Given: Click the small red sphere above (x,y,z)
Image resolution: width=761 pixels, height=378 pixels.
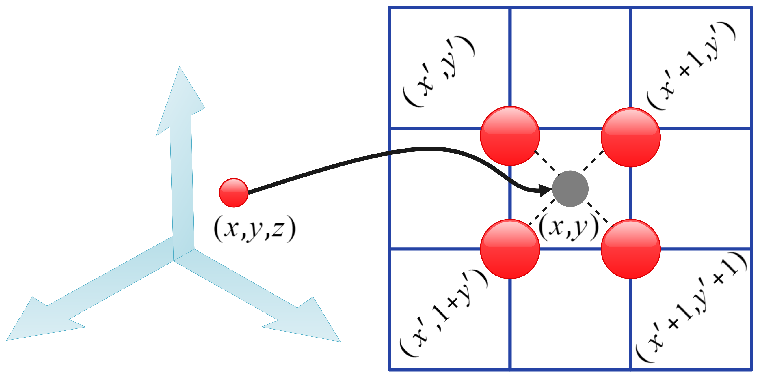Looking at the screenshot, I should pyautogui.click(x=233, y=193).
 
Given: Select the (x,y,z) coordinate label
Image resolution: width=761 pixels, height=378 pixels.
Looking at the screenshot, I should pyautogui.click(x=254, y=229).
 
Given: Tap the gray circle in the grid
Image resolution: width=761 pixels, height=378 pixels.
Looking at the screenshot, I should pyautogui.click(x=570, y=188).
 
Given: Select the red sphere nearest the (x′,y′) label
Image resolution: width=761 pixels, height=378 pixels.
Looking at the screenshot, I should pyautogui.click(x=510, y=136).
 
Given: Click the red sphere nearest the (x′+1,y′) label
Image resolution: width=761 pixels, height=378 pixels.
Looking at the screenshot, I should pyautogui.click(x=630, y=138).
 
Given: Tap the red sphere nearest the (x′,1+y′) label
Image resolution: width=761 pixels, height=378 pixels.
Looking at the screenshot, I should pyautogui.click(x=510, y=249).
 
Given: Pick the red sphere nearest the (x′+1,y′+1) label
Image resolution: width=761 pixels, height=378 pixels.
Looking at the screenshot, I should pyautogui.click(x=630, y=249).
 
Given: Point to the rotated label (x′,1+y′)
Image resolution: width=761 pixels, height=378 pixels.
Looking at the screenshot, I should pyautogui.click(x=443, y=313).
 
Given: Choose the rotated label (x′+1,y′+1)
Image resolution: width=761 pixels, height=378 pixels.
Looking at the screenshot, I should pyautogui.click(x=691, y=307).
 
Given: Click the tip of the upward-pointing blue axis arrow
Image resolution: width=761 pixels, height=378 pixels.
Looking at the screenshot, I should pyautogui.click(x=179, y=67).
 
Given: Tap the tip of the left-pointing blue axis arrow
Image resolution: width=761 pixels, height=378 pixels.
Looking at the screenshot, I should pyautogui.click(x=7, y=340).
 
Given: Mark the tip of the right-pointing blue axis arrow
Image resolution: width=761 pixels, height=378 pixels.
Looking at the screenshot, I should pyautogui.click(x=340, y=342).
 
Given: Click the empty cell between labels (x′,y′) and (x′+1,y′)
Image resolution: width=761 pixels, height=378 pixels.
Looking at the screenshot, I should pyautogui.click(x=570, y=68).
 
